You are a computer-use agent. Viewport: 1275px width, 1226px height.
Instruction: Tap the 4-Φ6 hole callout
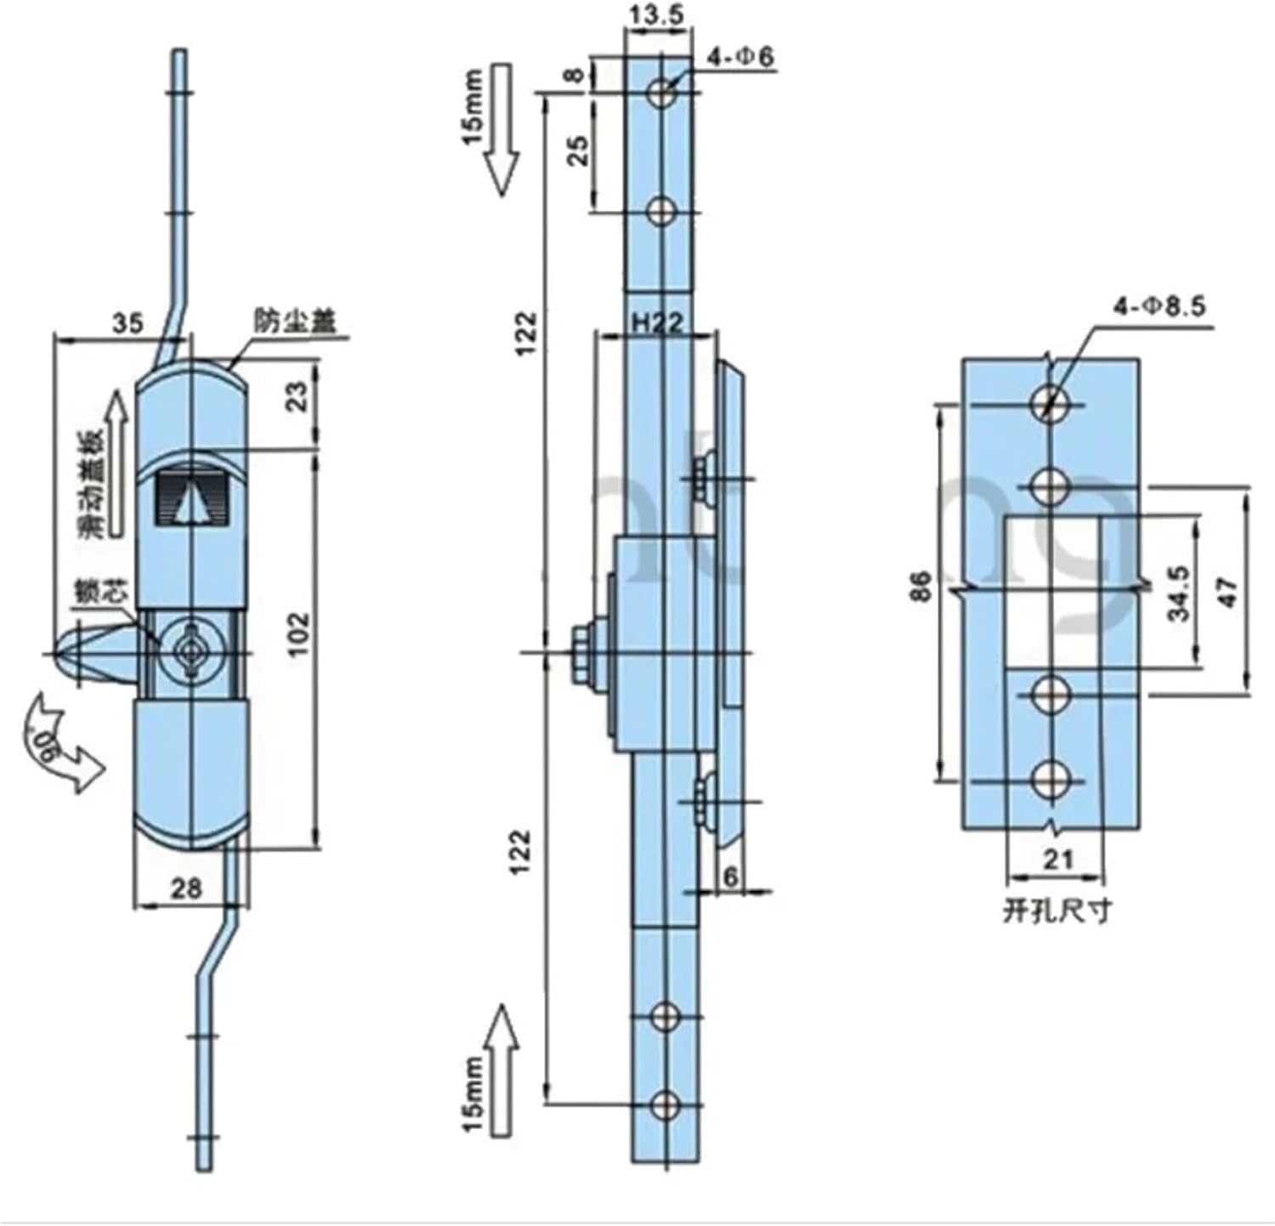coord(741,58)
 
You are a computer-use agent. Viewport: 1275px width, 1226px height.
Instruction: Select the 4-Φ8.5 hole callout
coord(1159,306)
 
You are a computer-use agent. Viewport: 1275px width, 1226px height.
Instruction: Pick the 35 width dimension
coord(127,323)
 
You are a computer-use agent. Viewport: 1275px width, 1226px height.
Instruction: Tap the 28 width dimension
coord(186,888)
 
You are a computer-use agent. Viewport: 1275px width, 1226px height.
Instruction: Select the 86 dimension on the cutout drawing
coord(921,587)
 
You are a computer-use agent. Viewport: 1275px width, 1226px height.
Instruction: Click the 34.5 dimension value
coord(1179,593)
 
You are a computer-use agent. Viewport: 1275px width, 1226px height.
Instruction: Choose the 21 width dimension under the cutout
coord(1057,860)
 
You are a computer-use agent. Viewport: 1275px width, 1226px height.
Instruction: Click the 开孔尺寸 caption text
coord(1057,912)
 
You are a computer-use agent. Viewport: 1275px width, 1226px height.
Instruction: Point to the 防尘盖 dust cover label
coord(295,321)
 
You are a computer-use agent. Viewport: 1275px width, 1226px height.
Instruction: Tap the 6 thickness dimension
coord(730,876)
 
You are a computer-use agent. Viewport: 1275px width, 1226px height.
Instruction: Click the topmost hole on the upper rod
coord(662,94)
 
